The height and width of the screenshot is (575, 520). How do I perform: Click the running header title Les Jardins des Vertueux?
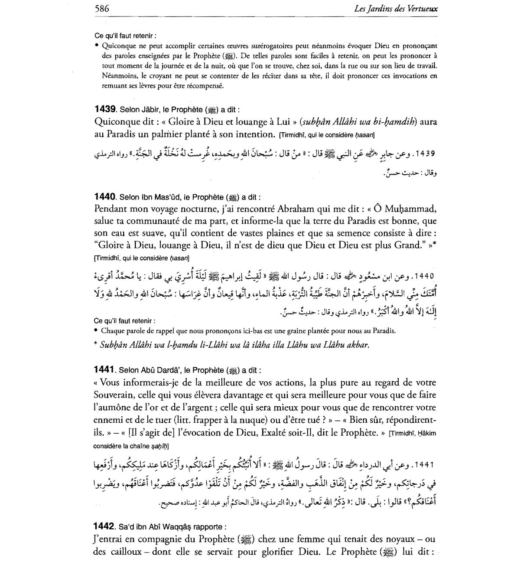(x=395, y=9)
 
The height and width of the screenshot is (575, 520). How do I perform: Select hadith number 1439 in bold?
(x=105, y=109)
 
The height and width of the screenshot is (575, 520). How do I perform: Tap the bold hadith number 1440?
(x=105, y=197)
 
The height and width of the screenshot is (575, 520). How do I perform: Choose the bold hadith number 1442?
(x=105, y=527)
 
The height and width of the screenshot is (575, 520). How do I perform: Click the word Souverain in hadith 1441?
(x=113, y=395)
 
